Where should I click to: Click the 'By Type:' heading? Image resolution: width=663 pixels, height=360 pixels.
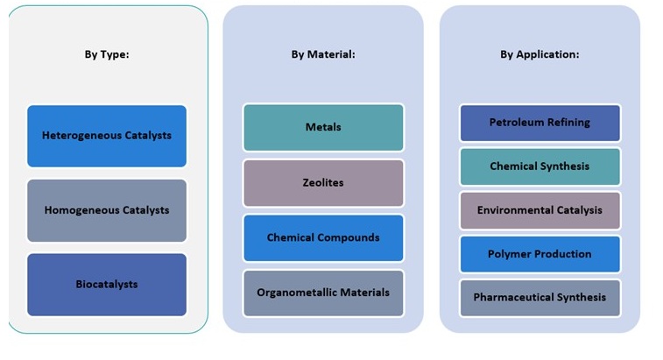point(107,54)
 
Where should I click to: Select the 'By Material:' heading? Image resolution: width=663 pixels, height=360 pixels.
point(323,54)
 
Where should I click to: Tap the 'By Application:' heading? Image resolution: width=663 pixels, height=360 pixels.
point(540,54)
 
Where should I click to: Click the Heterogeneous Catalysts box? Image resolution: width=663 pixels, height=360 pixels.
point(107,136)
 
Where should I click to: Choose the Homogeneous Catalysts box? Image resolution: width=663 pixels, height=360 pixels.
point(107,210)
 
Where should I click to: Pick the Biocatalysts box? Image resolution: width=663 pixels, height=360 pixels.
point(107,285)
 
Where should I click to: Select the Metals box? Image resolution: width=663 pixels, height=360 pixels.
point(323,128)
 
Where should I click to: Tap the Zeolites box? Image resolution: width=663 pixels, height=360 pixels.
point(323,183)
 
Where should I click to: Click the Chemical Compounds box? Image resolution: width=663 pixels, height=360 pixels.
point(323,238)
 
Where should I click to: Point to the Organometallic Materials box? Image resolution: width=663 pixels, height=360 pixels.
point(323,293)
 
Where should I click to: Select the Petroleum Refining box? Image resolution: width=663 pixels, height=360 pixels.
point(540,123)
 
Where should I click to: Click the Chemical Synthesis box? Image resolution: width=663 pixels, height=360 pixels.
point(540,166)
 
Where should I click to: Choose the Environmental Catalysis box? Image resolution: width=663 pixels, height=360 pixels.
point(540,210)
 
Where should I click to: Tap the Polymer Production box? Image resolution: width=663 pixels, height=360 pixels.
point(540,254)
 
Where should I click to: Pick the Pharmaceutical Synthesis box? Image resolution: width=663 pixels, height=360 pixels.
point(540,298)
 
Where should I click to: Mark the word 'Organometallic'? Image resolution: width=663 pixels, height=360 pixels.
point(295,293)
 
